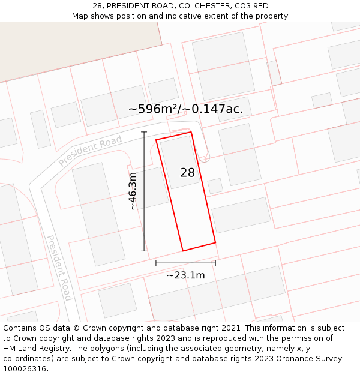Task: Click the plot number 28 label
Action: [x=187, y=173]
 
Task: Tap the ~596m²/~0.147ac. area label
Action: [x=186, y=109]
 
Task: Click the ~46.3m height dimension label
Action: [x=133, y=191]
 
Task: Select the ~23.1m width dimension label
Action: [x=185, y=275]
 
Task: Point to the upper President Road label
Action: [x=90, y=152]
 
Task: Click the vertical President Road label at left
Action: [x=59, y=267]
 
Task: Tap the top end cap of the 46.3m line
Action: [x=144, y=132]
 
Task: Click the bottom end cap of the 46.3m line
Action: [x=144, y=251]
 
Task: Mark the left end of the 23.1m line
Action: [x=156, y=263]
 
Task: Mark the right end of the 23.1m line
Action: [x=215, y=263]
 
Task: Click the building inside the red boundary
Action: [x=180, y=161]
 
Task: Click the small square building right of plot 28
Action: [x=215, y=186]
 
